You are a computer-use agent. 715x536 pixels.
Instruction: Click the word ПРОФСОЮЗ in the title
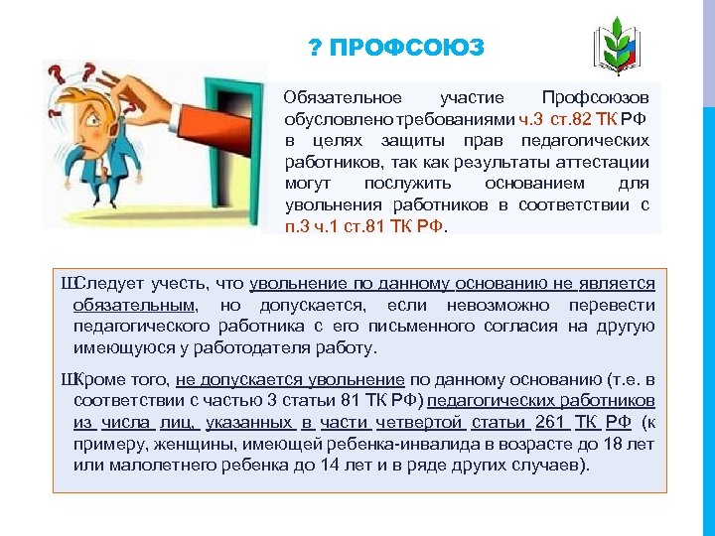[407, 49]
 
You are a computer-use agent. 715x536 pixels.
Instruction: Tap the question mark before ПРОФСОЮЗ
[315, 49]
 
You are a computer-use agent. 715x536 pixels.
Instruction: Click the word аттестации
[606, 163]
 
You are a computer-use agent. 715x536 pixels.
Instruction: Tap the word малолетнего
[155, 465]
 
